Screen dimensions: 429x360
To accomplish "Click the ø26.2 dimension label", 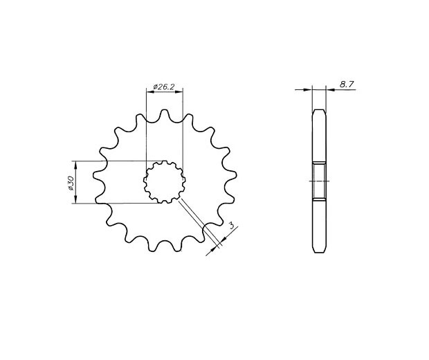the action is pyautogui.click(x=164, y=87).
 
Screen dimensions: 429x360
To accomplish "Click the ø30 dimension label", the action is pyautogui.click(x=71, y=183).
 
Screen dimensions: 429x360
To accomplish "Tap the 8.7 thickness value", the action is pyautogui.click(x=347, y=84).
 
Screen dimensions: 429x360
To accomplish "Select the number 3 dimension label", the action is pyautogui.click(x=232, y=226).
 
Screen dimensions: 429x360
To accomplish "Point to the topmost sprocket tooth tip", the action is pyautogui.click(x=164, y=110).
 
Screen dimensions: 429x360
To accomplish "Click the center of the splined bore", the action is pyautogui.click(x=165, y=182).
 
